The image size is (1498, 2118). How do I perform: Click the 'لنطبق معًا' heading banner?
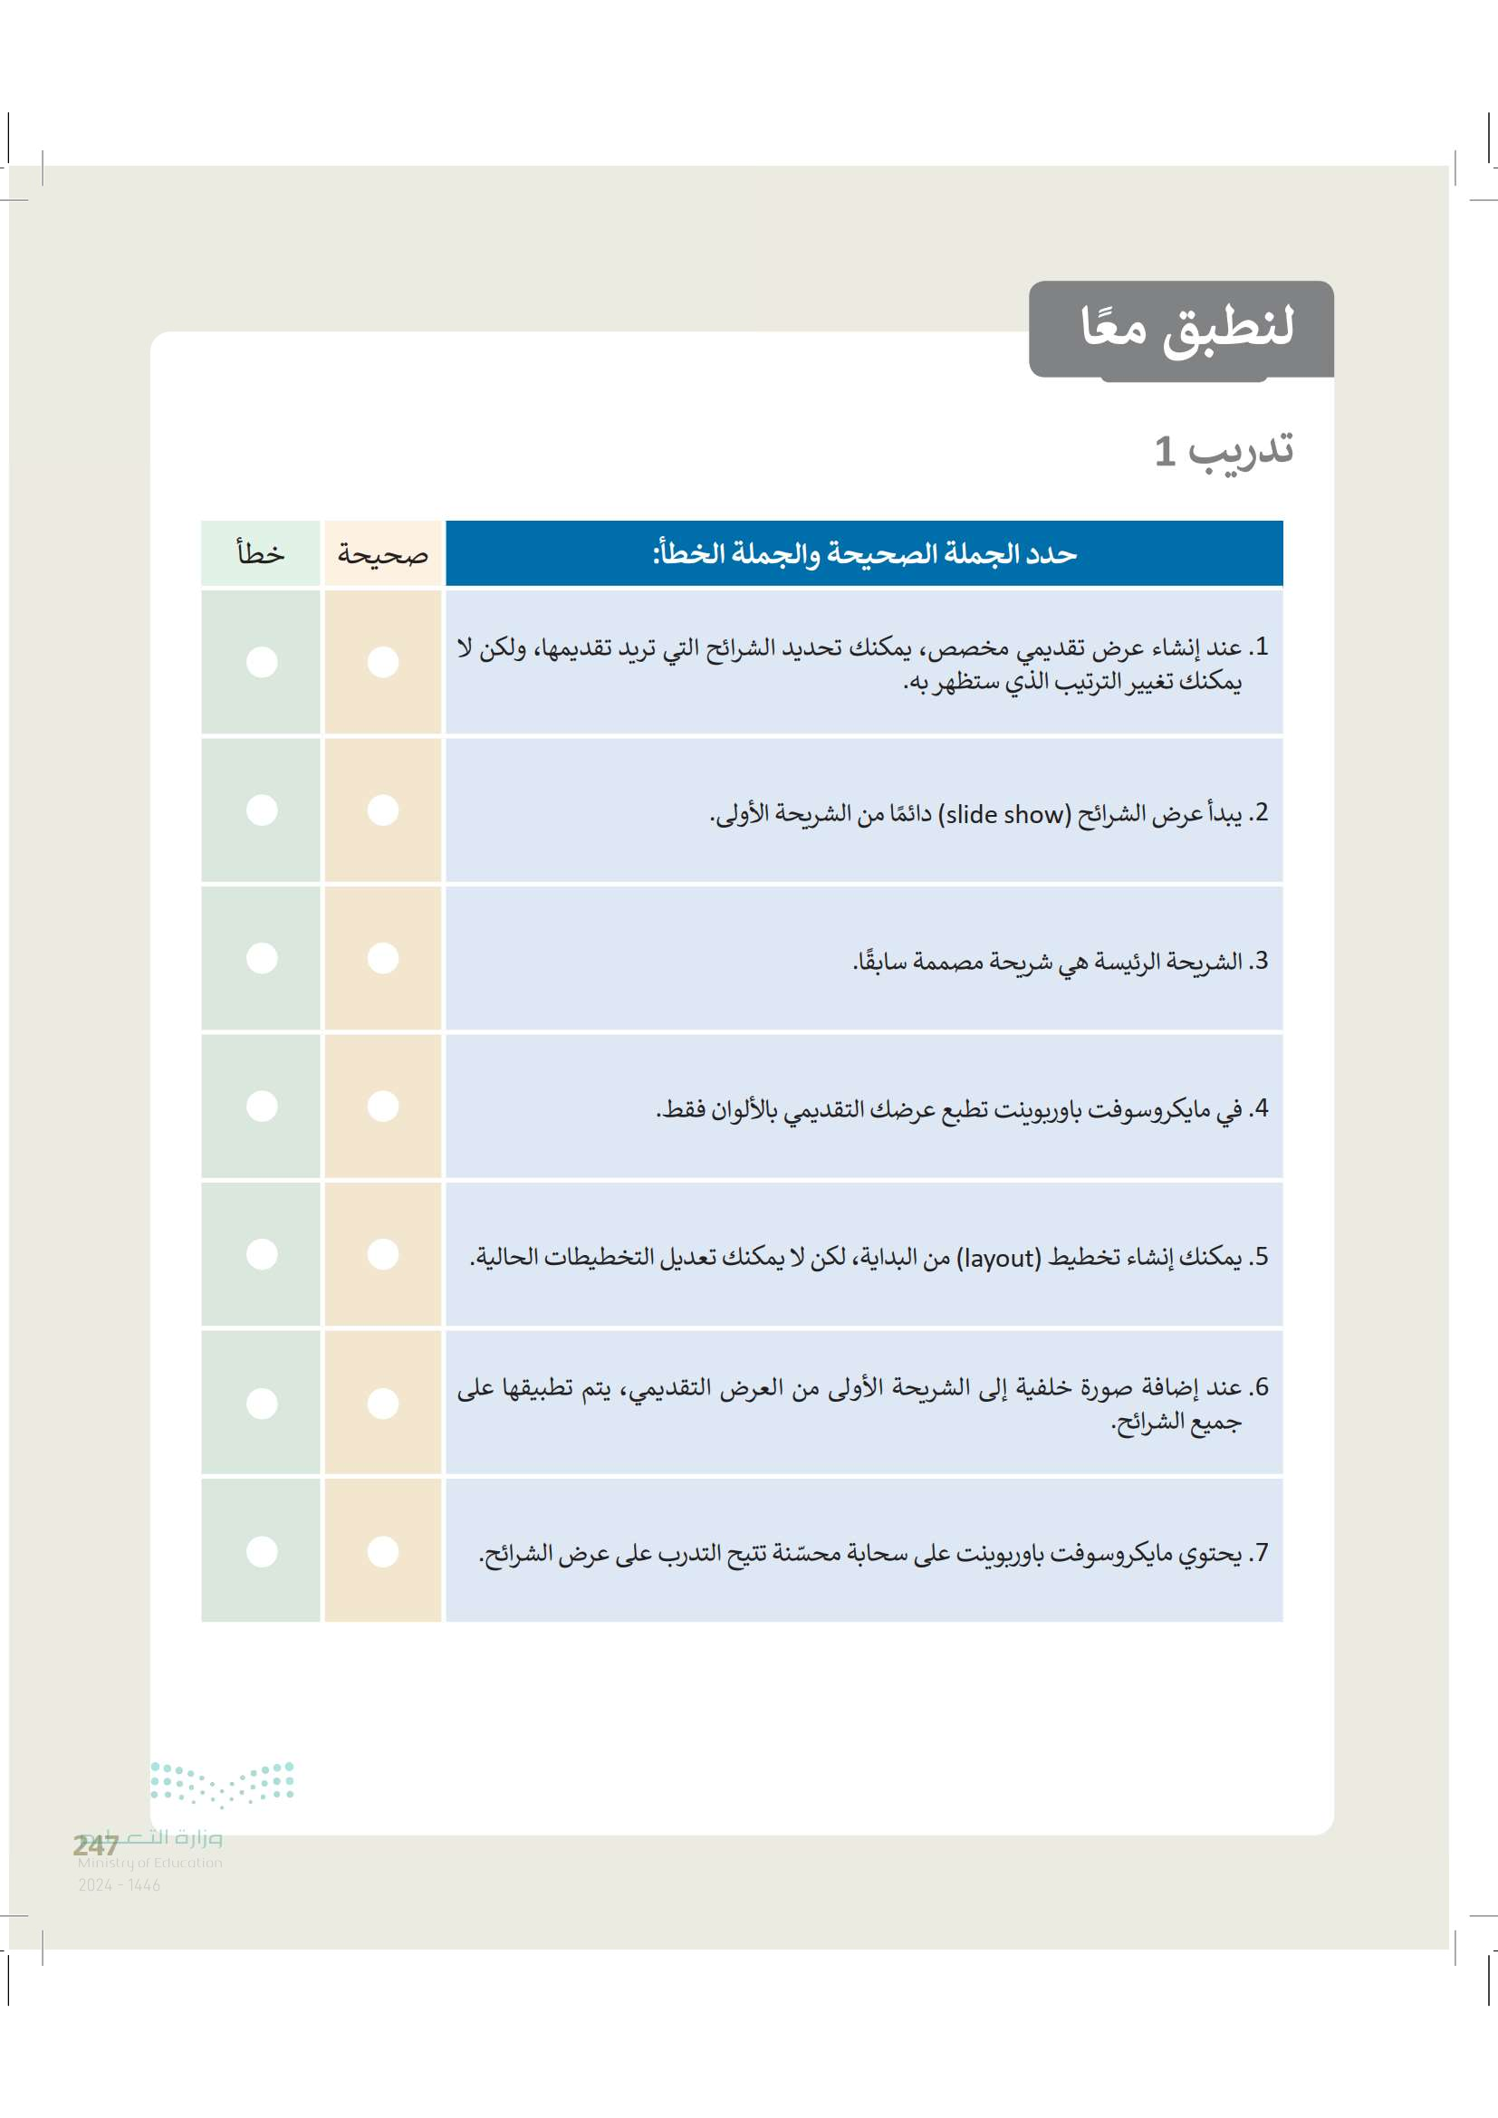[1186, 328]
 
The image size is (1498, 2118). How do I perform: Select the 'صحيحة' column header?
[383, 553]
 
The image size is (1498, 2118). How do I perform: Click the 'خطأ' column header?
[261, 553]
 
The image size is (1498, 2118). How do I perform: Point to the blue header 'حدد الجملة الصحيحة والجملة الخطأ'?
[864, 553]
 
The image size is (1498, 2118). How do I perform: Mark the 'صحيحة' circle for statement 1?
[383, 661]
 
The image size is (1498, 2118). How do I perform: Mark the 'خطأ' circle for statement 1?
[262, 661]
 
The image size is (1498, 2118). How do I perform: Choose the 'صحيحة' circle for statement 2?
[383, 810]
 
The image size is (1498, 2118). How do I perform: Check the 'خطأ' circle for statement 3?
[262, 957]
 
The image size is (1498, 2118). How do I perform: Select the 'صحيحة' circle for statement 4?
[383, 1106]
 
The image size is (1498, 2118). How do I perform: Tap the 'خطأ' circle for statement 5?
[262, 1254]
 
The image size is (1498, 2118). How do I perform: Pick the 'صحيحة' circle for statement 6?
[383, 1403]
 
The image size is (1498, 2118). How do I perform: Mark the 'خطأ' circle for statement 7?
[262, 1552]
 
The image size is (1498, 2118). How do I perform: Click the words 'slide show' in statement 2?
[1004, 815]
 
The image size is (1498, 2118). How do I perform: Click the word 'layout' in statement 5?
[998, 1259]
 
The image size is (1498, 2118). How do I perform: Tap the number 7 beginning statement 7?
[1261, 1554]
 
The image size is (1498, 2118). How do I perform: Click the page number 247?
[96, 1845]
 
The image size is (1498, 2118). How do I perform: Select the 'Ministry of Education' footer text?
[149, 1863]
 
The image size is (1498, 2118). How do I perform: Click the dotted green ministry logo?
[221, 1782]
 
